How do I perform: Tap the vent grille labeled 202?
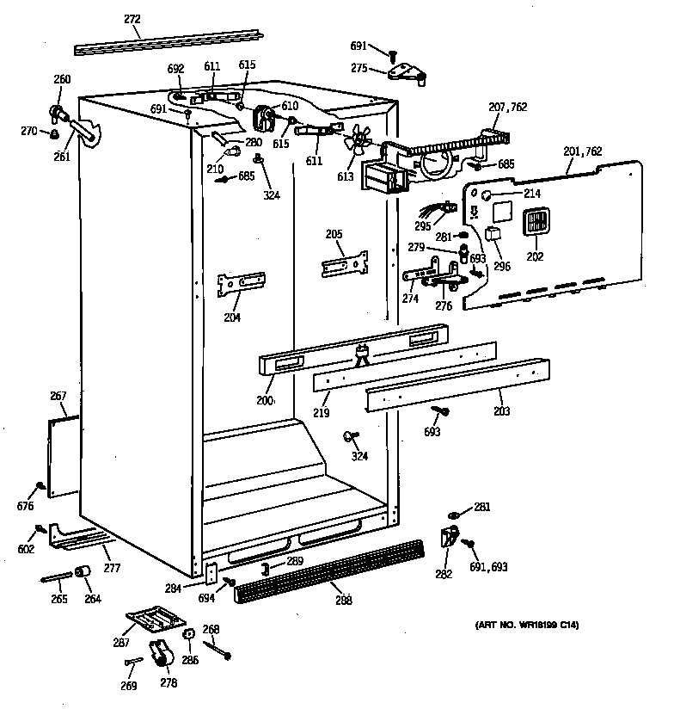(534, 223)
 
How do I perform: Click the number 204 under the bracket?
(232, 317)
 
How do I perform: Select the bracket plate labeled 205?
(345, 264)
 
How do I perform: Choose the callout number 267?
(58, 397)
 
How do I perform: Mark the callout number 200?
(265, 400)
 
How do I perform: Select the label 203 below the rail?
(501, 411)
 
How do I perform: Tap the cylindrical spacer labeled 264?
(84, 573)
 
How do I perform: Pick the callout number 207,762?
(507, 107)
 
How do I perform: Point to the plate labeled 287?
(154, 617)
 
